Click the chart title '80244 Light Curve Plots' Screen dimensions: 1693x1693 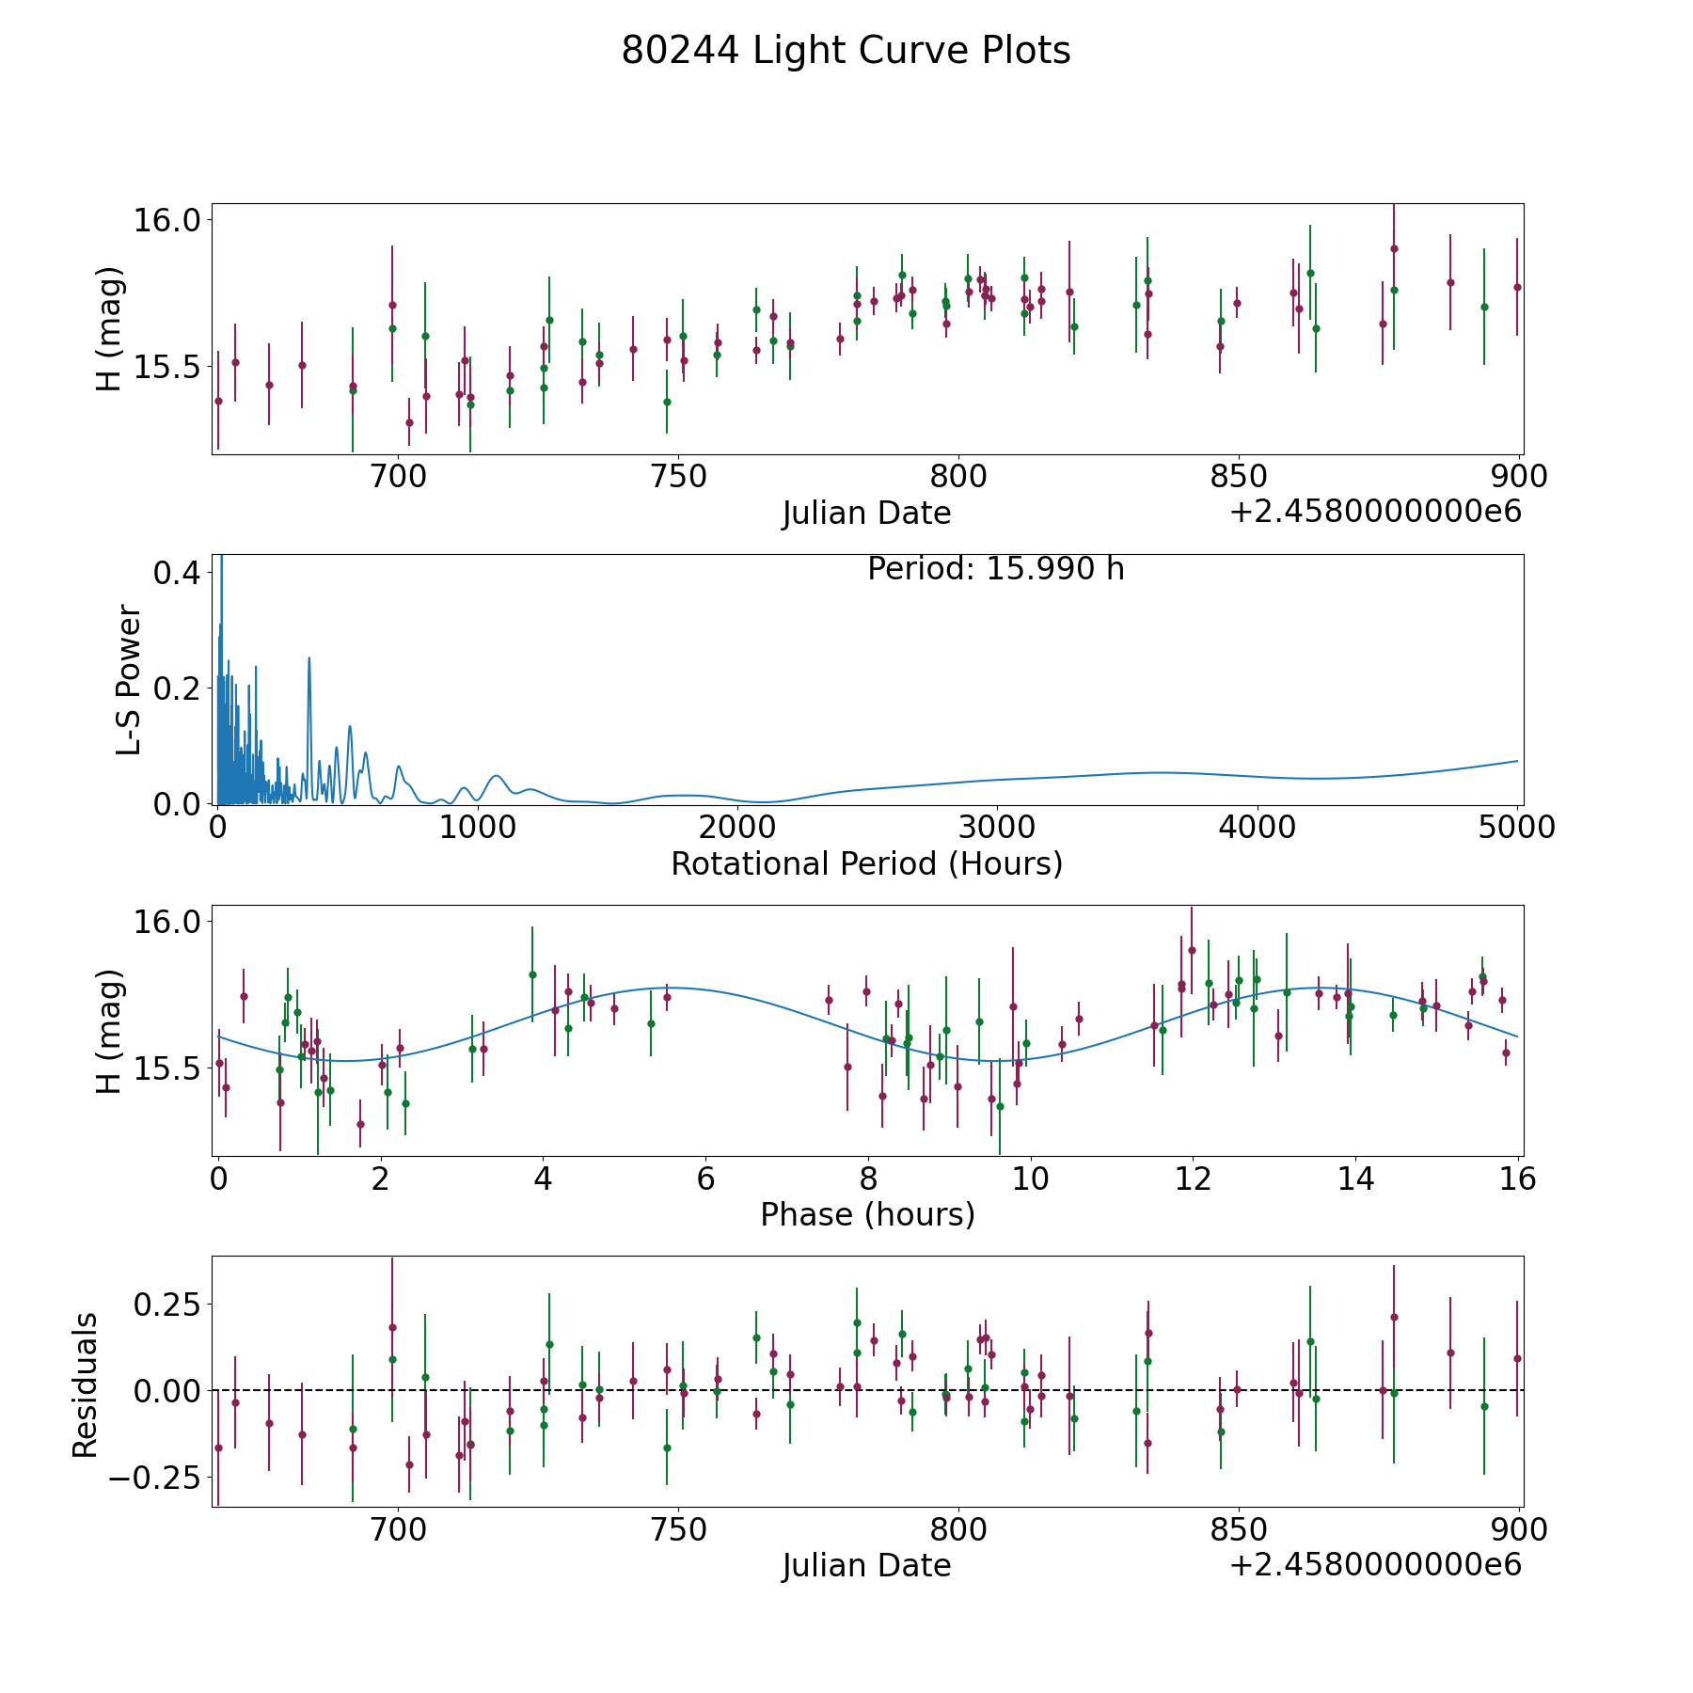click(x=846, y=51)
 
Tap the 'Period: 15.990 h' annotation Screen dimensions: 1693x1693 click(x=995, y=569)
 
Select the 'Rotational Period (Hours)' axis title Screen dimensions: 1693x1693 click(x=866, y=863)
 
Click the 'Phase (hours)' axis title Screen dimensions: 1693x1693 click(x=867, y=1214)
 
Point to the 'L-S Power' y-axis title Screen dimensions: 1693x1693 click(x=129, y=680)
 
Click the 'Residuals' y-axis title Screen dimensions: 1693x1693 click(x=86, y=1385)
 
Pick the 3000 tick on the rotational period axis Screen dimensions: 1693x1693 click(x=996, y=828)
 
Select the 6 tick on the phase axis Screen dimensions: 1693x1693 click(x=705, y=1179)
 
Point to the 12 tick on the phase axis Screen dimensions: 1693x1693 click(x=1193, y=1179)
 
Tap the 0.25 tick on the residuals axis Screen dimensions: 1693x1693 click(x=166, y=1305)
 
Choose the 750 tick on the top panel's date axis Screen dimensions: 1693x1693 click(x=678, y=477)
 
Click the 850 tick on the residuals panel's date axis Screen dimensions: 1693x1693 click(x=1238, y=1530)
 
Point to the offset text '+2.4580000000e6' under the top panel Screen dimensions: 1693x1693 click(x=1375, y=512)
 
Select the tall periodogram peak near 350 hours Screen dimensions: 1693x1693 click(x=309, y=659)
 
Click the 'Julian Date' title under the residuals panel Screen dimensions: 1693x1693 click(x=866, y=1565)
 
